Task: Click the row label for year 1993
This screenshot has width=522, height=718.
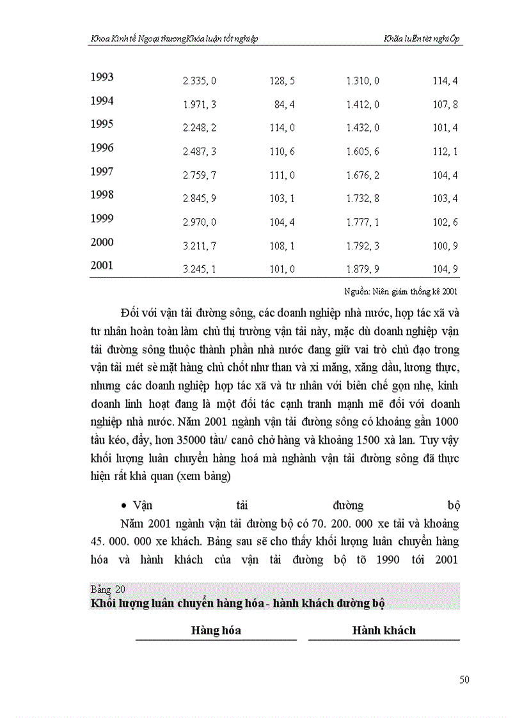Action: [102, 77]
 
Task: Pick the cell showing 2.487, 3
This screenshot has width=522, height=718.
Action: [199, 152]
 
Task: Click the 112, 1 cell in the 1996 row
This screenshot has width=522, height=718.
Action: [445, 152]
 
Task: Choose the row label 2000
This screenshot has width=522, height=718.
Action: [102, 242]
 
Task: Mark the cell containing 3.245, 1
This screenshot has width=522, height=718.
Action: [199, 270]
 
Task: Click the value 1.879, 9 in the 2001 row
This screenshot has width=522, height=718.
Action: [363, 270]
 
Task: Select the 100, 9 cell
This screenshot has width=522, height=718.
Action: [445, 246]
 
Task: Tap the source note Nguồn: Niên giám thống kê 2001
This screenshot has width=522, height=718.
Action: [402, 292]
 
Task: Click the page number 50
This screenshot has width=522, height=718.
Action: [464, 680]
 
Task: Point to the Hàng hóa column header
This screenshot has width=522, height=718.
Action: [216, 630]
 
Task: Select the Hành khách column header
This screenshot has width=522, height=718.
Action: [384, 630]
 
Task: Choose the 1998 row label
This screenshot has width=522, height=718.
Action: [102, 195]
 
